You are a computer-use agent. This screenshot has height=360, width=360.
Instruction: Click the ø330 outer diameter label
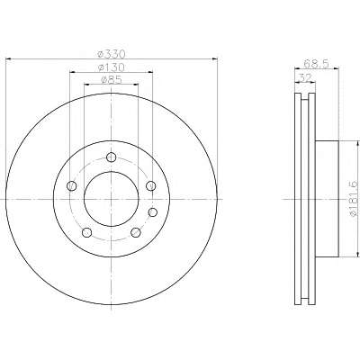point(111,54)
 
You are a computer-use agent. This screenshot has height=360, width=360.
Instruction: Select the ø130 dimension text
point(112,67)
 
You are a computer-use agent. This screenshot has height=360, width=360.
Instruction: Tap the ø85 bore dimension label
point(112,80)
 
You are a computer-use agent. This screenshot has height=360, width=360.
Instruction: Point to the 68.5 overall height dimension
point(316,64)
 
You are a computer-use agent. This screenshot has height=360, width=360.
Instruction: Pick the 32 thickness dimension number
point(305,77)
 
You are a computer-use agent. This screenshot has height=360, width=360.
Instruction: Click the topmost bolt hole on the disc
point(112,157)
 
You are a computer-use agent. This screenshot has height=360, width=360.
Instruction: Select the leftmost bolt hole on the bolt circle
point(72,186)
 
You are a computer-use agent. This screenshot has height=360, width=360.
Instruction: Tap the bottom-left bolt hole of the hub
point(86,232)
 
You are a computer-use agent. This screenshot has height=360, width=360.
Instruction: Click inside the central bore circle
point(112,199)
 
